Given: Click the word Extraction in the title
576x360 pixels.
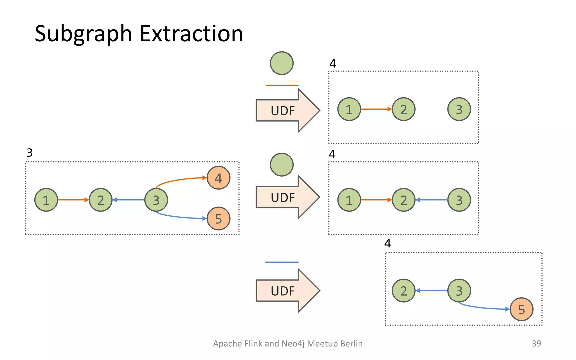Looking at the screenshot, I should (191, 34).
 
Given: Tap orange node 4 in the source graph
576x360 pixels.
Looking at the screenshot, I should (218, 178).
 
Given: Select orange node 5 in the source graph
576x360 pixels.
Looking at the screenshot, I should (218, 219).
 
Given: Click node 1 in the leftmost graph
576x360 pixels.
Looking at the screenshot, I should (46, 200).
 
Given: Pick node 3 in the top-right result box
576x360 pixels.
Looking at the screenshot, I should (459, 109).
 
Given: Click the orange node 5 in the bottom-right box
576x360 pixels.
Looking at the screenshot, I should (521, 309).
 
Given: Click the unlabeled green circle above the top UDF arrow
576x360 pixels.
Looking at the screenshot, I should (282, 63).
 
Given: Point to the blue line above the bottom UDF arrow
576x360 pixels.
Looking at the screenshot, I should (282, 262).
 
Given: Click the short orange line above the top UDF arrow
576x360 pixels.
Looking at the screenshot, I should (282, 85).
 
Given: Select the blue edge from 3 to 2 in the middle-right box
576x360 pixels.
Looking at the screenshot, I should (432, 200).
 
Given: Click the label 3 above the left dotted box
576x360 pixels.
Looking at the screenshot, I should (30, 153).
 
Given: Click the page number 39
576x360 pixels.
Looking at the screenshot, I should (536, 343).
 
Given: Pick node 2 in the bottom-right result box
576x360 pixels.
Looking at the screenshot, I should (403, 291).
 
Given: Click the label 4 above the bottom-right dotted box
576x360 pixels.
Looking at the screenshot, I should (388, 243).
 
